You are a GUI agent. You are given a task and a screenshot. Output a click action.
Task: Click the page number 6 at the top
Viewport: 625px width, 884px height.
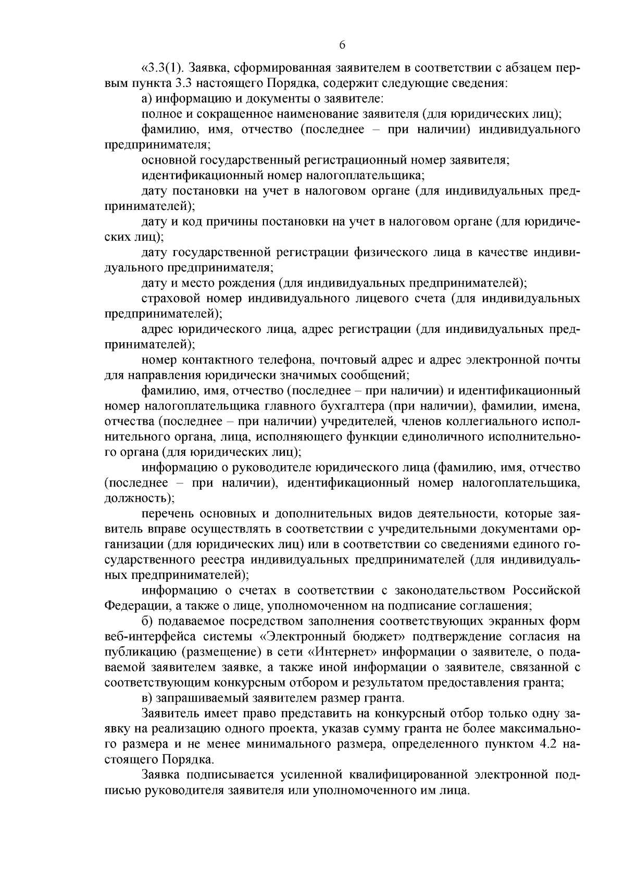tap(342, 45)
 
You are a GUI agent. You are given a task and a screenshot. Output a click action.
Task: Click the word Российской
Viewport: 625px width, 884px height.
tap(546, 591)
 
